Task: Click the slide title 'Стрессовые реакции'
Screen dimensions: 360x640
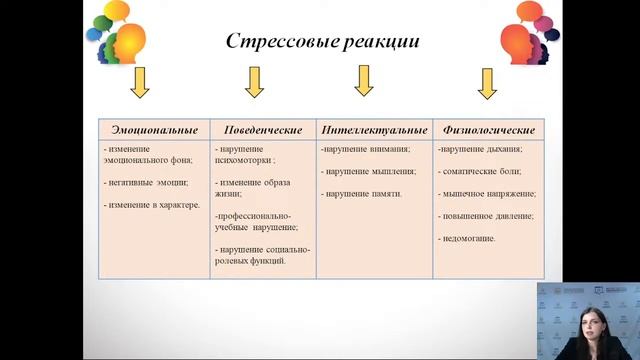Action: point(321,42)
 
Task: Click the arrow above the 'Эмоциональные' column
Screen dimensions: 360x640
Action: point(140,82)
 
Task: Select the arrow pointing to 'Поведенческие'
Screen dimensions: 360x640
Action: point(254,82)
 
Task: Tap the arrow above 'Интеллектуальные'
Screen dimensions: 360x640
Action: point(363,80)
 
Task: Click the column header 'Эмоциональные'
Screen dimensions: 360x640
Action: point(154,130)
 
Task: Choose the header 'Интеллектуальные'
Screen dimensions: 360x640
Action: point(373,130)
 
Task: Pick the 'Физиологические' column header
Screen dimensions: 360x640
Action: point(489,130)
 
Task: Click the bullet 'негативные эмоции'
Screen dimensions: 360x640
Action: point(147,183)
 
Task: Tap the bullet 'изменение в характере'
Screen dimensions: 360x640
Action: point(153,205)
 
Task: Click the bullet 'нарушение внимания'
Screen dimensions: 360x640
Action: point(366,150)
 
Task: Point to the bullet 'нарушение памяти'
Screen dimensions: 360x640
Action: point(362,194)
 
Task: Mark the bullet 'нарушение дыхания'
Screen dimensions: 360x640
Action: point(481,150)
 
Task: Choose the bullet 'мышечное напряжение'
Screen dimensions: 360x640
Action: point(488,194)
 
